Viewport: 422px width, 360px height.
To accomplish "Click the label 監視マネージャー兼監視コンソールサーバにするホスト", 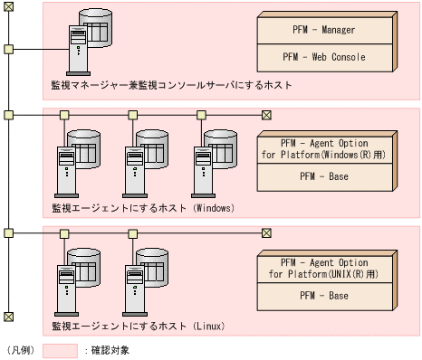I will point(172,86).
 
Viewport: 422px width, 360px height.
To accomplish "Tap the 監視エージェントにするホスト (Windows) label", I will point(143,208).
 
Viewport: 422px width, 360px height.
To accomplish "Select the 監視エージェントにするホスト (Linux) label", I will point(138,326).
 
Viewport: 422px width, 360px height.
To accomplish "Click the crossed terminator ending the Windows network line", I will point(266,115).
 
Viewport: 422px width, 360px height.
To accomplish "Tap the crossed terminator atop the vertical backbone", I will point(8,9).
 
